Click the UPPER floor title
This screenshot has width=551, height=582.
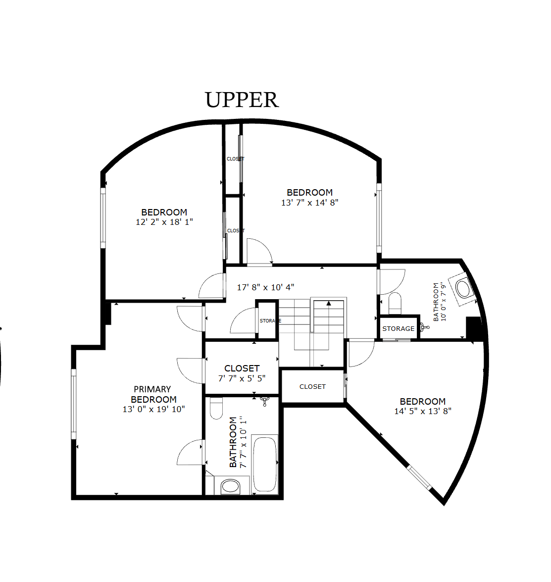tap(242, 100)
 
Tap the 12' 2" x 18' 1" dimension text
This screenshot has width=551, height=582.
tap(164, 222)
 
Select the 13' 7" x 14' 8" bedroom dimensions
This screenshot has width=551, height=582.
tap(309, 203)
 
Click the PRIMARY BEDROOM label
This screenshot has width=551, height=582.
tap(153, 394)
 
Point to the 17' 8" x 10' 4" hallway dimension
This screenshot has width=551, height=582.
tap(265, 287)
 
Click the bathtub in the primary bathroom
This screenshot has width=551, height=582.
tap(265, 464)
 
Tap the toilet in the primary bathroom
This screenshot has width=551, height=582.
tap(216, 408)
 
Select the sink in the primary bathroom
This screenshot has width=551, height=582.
tap(230, 486)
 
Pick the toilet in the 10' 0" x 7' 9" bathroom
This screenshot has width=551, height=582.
tap(395, 303)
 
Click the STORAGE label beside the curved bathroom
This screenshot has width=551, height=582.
tap(398, 329)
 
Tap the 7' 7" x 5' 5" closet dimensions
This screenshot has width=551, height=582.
tap(242, 378)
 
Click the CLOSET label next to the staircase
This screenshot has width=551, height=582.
tap(312, 387)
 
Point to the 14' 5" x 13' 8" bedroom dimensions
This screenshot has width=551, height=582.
tap(423, 411)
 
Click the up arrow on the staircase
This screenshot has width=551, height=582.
tap(328, 303)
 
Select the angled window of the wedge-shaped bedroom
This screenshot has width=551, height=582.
tap(419, 477)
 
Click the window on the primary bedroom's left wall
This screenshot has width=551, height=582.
tap(73, 404)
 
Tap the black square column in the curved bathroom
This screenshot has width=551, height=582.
tap(474, 328)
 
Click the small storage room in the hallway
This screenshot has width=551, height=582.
tap(267, 320)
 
